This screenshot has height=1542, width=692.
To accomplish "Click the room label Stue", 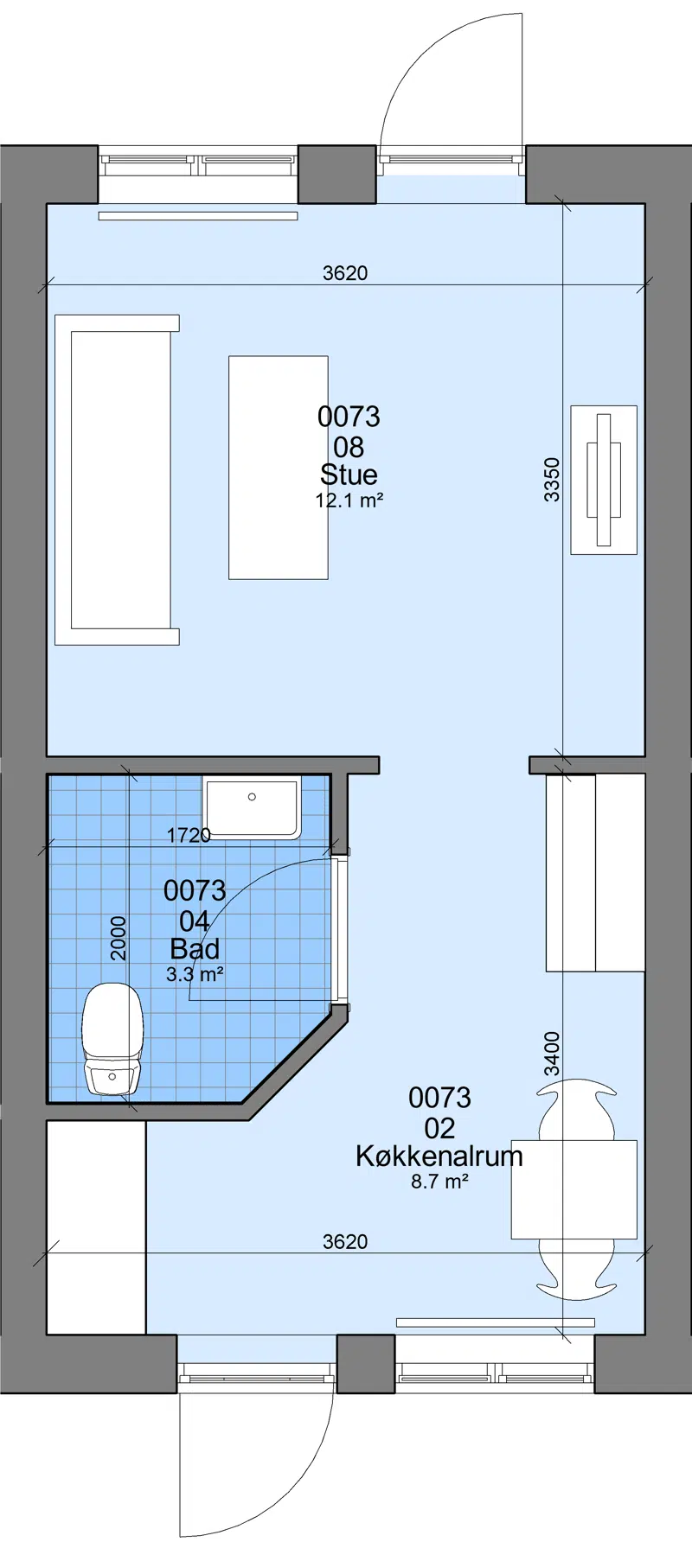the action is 349,475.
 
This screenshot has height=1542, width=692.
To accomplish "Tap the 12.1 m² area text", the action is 349,500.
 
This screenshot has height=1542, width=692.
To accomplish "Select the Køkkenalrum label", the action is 439,1156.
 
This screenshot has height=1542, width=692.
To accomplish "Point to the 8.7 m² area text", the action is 439,1181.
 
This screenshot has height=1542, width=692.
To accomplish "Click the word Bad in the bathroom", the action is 195,949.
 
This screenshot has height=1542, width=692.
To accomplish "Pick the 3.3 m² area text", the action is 195,974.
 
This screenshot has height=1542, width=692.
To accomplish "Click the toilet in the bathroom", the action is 112,1039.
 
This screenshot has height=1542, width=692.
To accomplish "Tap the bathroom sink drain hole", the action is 252,797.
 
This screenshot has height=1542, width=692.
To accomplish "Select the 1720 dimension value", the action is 189,835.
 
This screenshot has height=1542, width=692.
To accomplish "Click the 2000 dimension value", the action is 119,939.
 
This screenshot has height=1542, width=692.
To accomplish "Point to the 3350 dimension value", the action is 552,480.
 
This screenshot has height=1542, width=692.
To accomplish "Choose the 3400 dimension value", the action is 552,1054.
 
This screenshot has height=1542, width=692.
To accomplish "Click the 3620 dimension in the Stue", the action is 345,273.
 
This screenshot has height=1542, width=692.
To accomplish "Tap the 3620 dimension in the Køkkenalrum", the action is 345,1242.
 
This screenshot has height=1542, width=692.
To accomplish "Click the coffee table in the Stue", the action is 279,468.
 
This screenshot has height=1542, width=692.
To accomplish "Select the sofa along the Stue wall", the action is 117,480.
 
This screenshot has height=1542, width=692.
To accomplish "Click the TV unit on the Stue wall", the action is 604,480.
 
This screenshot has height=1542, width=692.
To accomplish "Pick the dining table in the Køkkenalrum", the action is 574,1189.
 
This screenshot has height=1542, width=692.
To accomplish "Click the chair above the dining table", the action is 577,1109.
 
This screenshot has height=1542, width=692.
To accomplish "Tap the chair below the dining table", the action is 577,1270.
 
